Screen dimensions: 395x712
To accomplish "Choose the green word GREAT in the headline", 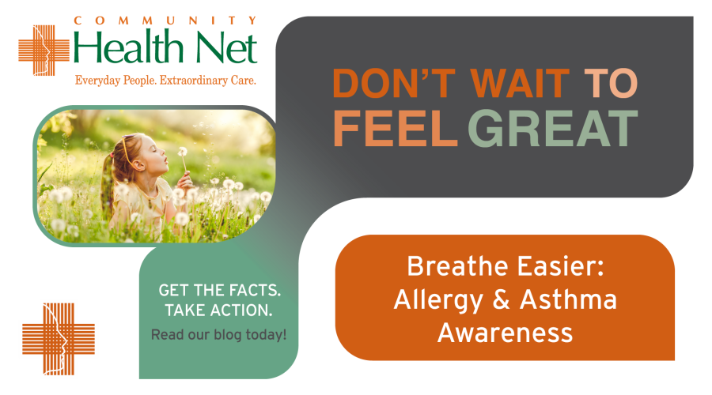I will pos(552,127).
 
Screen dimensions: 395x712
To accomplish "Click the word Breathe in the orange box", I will pos(449,268).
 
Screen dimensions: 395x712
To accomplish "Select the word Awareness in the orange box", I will pos(505,332).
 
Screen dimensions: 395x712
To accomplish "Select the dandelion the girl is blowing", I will pos(183,151).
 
